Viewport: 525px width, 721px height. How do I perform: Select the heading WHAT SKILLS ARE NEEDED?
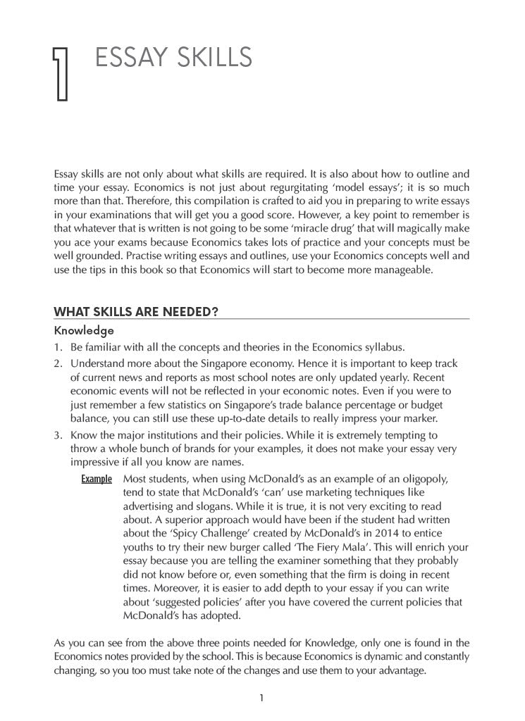[x=135, y=313]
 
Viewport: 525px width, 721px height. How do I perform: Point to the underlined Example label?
[x=97, y=479]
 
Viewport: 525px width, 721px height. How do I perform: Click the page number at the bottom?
[x=261, y=698]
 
